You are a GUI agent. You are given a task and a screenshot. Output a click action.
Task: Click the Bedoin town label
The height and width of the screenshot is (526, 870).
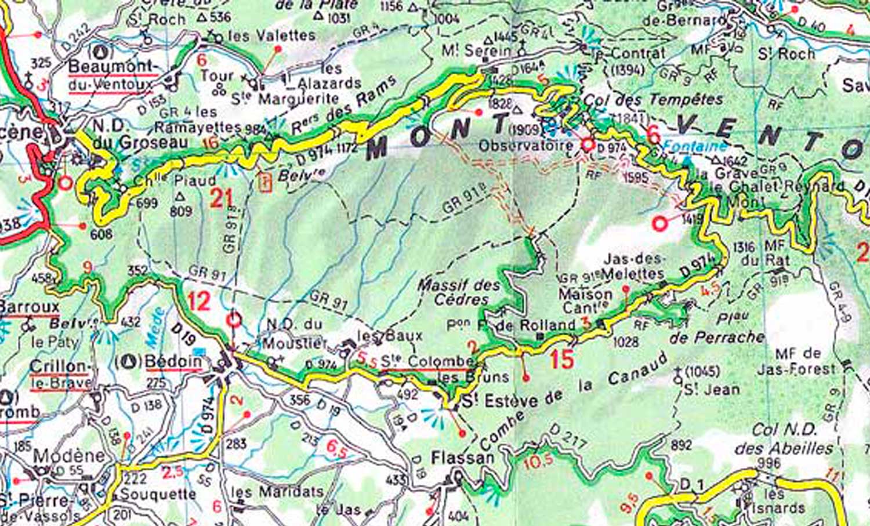click(173, 361)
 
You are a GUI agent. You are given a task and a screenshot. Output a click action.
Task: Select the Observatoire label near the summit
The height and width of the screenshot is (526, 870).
click(525, 146)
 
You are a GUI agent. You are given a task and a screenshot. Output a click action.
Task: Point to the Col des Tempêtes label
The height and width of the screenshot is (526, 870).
click(653, 100)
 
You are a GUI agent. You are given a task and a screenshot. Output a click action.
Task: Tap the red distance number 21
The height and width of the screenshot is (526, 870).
click(220, 199)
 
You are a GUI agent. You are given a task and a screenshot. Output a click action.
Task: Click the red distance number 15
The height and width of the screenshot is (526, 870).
click(561, 360)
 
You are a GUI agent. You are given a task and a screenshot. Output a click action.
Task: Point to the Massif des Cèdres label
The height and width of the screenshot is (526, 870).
click(458, 292)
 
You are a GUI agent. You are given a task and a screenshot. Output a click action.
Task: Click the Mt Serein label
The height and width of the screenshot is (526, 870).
click(477, 51)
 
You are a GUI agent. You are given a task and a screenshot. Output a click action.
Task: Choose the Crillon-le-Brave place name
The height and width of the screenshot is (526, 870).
click(60, 374)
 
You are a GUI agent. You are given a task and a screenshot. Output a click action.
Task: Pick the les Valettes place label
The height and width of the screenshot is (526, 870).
click(271, 36)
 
